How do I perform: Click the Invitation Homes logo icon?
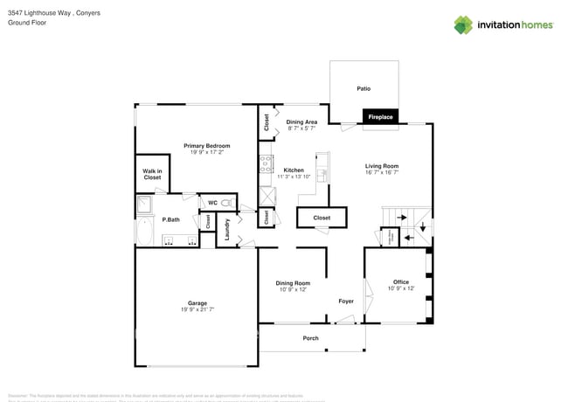click(x=465, y=24)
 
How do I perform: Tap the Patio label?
click(x=364, y=88)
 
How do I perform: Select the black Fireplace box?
click(x=380, y=116)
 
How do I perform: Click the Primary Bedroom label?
click(x=206, y=145)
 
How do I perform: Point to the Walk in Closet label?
click(x=152, y=174)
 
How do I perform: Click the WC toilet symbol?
click(x=227, y=203)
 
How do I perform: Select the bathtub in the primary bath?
click(x=143, y=232)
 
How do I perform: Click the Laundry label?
click(x=226, y=229)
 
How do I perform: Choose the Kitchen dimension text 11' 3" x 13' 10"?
click(x=294, y=177)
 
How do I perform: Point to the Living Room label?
click(x=381, y=165)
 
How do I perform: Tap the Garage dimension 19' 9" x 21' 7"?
click(x=197, y=309)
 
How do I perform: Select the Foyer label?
click(x=346, y=301)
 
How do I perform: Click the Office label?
click(x=400, y=281)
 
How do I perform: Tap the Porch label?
click(x=310, y=338)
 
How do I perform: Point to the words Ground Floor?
click(x=27, y=23)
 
